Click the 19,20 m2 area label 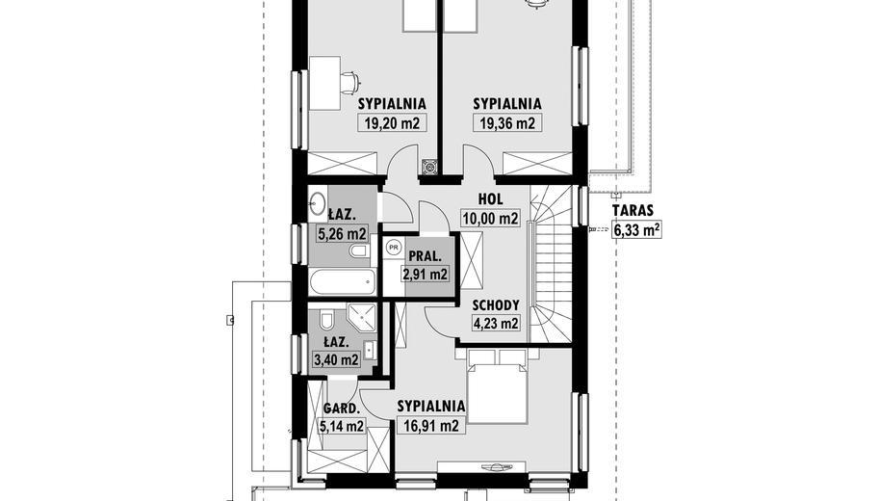point(392,122)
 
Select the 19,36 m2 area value point(507,122)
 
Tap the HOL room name point(491,198)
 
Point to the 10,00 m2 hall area point(491,218)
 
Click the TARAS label point(633,211)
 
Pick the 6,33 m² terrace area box point(637,229)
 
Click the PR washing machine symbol point(394,246)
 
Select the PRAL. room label point(425,256)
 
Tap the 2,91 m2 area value point(425,275)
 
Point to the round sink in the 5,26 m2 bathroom point(318,203)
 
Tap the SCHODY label point(496,305)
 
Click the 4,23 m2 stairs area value point(496,324)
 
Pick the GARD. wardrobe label point(341,409)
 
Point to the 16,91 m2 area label point(431,427)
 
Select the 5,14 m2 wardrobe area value point(341,427)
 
